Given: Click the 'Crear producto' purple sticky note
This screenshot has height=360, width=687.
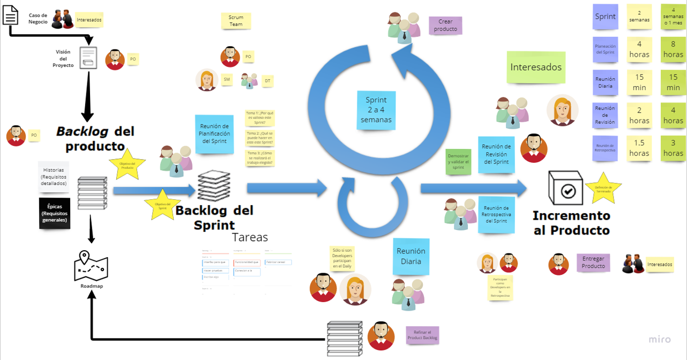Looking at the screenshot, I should pyautogui.click(x=445, y=26).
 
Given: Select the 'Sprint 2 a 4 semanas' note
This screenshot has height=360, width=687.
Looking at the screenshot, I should pyautogui.click(x=376, y=110).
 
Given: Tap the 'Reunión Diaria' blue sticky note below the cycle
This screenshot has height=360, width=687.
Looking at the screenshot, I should pyautogui.click(x=410, y=256).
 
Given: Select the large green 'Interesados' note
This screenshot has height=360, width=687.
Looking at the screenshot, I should pyautogui.click(x=536, y=67).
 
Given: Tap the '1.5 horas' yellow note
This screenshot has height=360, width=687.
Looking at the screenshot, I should pyautogui.click(x=639, y=148).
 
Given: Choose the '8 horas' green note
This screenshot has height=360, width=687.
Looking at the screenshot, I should pyautogui.click(x=673, y=49).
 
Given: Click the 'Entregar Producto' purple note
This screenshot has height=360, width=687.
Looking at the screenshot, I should pyautogui.click(x=593, y=262).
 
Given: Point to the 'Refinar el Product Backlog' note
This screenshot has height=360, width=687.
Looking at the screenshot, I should pyautogui.click(x=422, y=334).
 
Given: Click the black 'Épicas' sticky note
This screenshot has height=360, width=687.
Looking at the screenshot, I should pyautogui.click(x=55, y=213).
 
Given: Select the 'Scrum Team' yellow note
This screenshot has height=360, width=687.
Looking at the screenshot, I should pyautogui.click(x=236, y=21).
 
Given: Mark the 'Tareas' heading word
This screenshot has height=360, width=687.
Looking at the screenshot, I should pyautogui.click(x=250, y=237).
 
